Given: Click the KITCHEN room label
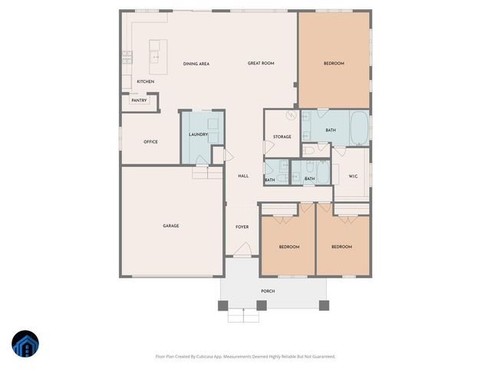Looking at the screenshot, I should (x=145, y=81).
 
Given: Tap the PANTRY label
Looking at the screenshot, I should (x=139, y=100).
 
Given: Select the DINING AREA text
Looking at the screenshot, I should (x=196, y=64).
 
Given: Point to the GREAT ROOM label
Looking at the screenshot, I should (x=261, y=63).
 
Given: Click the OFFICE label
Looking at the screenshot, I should (x=150, y=141).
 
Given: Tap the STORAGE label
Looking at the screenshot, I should (x=282, y=137).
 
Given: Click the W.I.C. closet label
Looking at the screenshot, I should (x=353, y=176).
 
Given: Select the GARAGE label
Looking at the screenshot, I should (x=170, y=226).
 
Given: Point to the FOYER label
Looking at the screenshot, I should (x=242, y=227).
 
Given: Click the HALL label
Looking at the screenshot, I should (x=243, y=176).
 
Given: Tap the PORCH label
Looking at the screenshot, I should (x=268, y=291).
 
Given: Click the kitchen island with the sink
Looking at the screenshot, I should (x=159, y=52).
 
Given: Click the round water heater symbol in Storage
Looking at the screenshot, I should (x=292, y=115).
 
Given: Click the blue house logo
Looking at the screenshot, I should (x=25, y=344).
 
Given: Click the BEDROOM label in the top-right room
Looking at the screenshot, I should (x=334, y=63).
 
